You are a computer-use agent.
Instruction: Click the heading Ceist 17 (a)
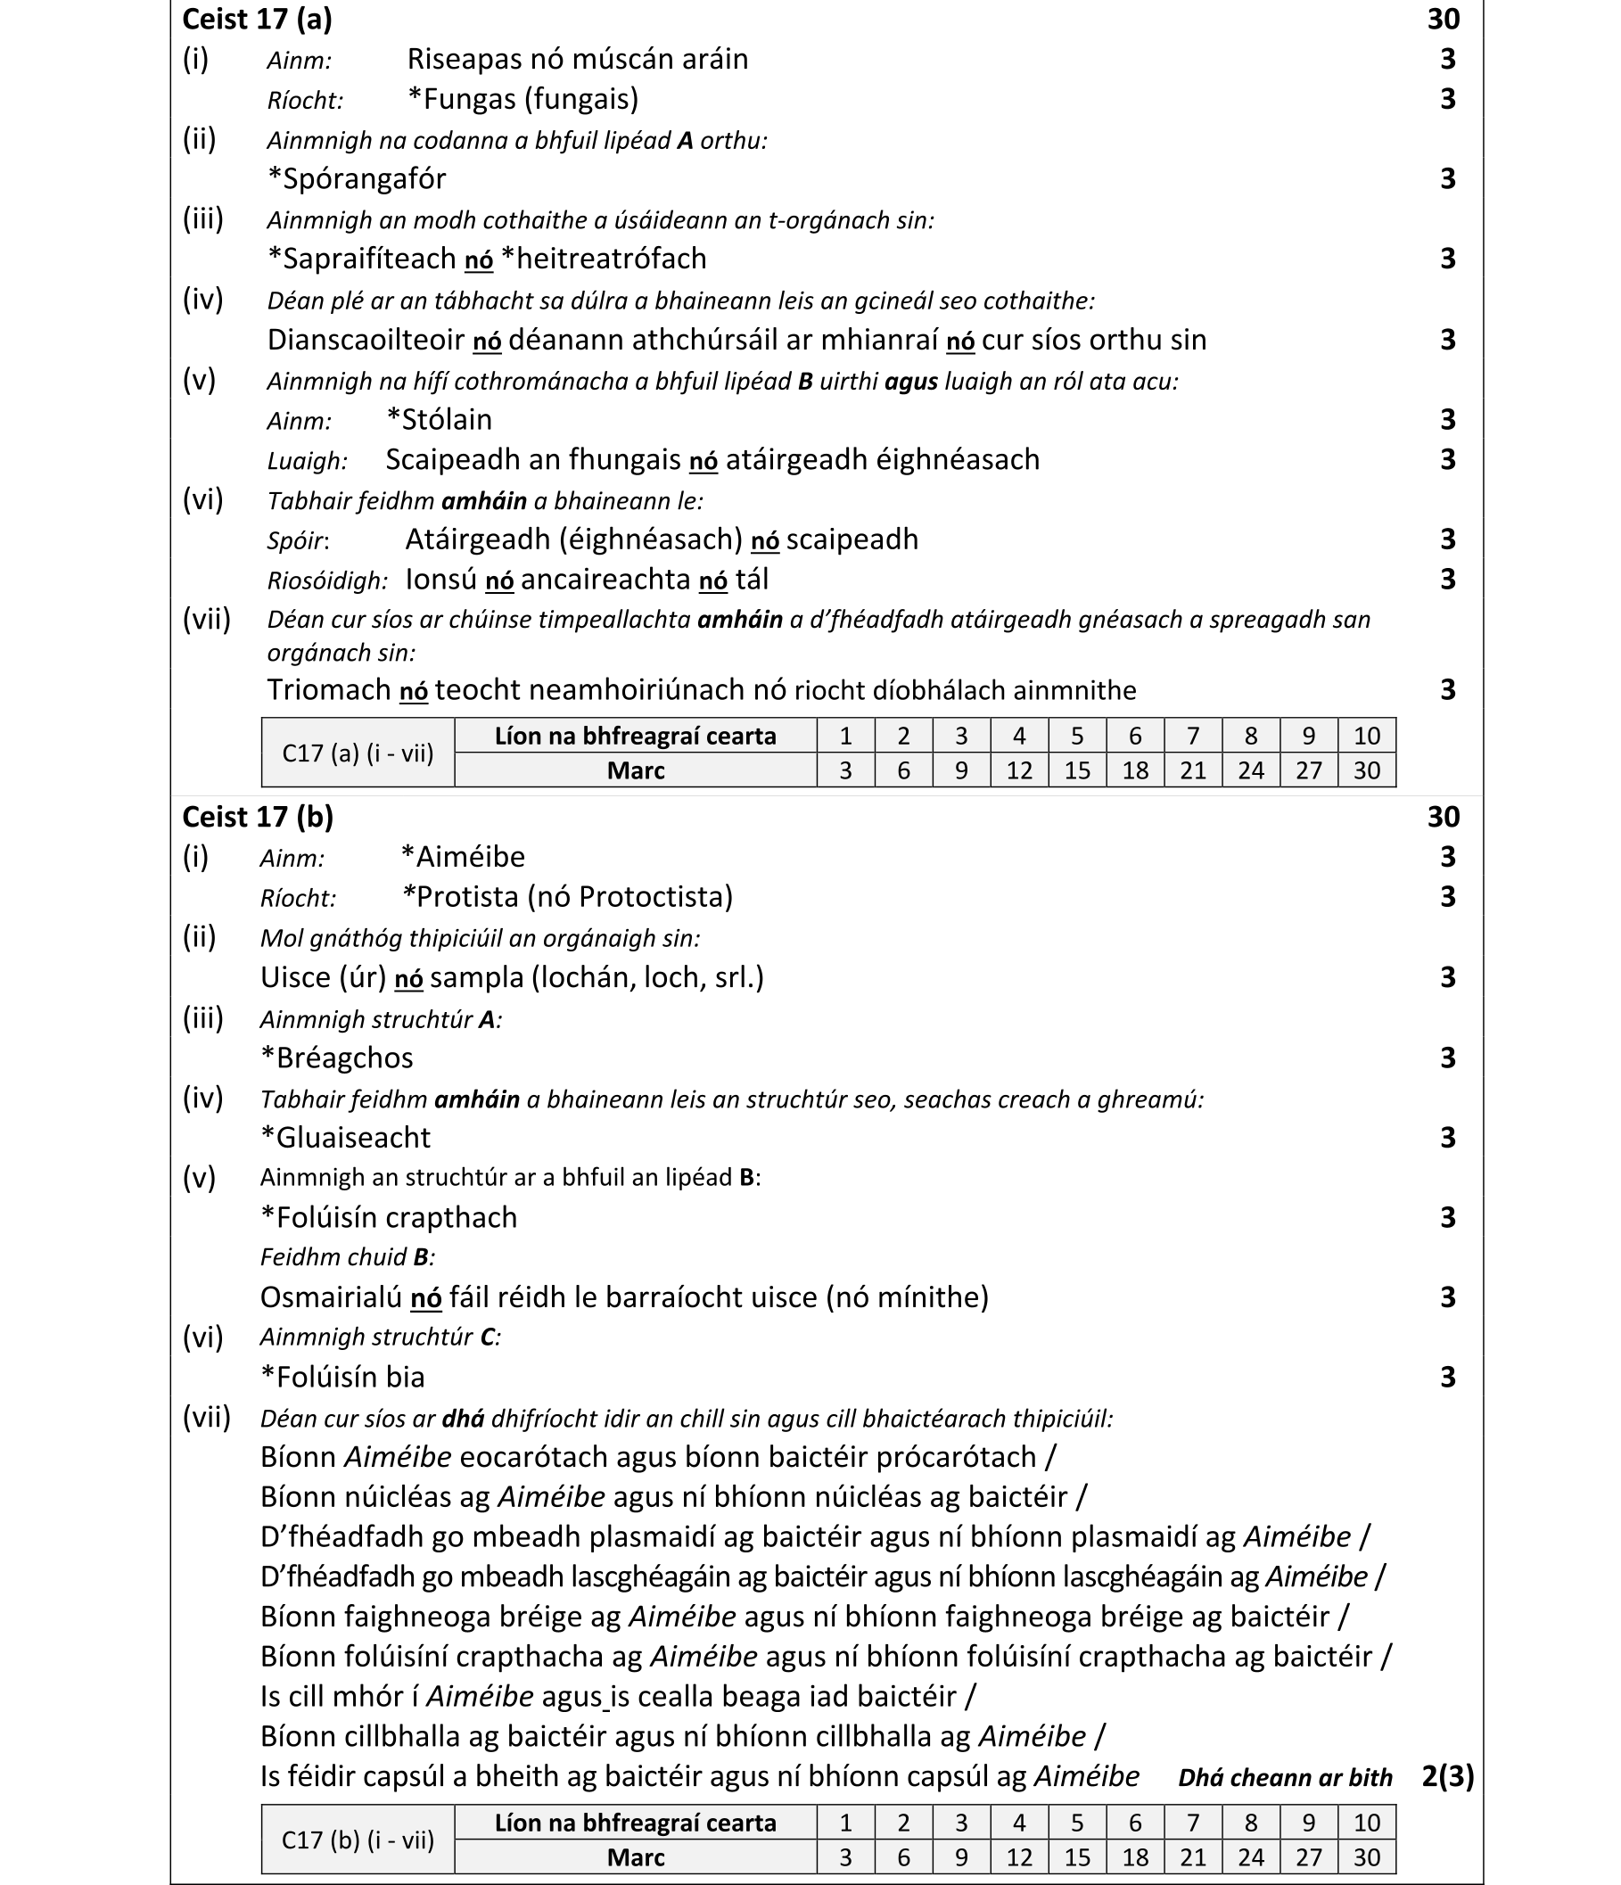coord(257,19)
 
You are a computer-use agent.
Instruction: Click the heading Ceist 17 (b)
coord(258,817)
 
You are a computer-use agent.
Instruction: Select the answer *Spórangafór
coord(357,178)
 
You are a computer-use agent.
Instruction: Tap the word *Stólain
coord(439,419)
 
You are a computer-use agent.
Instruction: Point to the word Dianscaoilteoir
coord(366,340)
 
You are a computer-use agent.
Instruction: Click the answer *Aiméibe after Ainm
coord(462,857)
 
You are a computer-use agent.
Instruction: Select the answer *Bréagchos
coord(336,1058)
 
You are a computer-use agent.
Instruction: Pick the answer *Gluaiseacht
coord(346,1137)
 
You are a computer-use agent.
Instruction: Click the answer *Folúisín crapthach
coord(389,1217)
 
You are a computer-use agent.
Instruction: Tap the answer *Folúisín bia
coord(343,1377)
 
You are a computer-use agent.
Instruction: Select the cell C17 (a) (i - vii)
coord(358,753)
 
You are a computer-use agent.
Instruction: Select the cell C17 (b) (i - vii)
coord(358,1840)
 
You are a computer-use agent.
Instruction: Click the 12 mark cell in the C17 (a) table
coord(1019,770)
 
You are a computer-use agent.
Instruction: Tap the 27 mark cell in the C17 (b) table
coord(1308,1856)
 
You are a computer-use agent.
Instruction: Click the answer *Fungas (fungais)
coord(523,98)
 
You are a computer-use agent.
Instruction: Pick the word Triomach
coord(328,689)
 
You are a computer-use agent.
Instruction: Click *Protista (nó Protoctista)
coord(567,897)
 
